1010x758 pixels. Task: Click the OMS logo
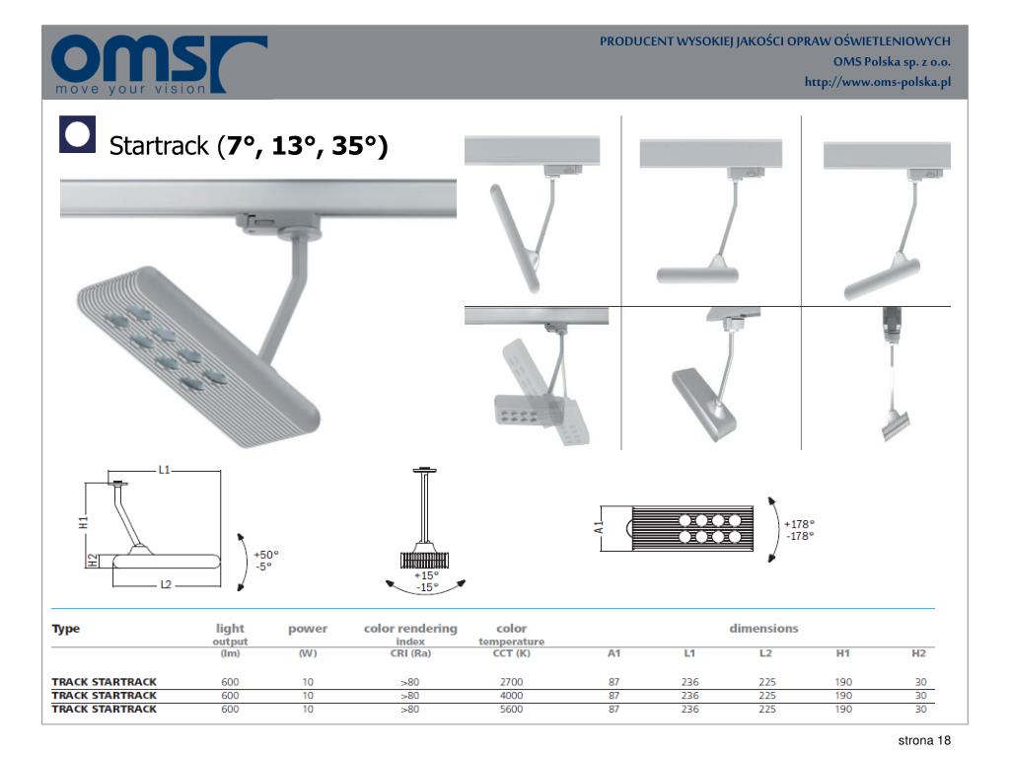pyautogui.click(x=158, y=63)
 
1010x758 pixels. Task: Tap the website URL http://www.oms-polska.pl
pyautogui.click(x=877, y=81)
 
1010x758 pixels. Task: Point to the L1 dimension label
pyautogui.click(x=164, y=470)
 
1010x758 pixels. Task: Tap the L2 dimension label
pyautogui.click(x=166, y=585)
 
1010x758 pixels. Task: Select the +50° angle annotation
pyautogui.click(x=266, y=555)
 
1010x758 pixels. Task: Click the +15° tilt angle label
pyautogui.click(x=426, y=574)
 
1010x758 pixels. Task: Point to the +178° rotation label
pyautogui.click(x=800, y=524)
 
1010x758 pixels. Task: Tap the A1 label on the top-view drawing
pyautogui.click(x=600, y=525)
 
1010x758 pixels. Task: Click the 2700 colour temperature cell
pyautogui.click(x=511, y=682)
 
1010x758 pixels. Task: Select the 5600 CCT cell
pyautogui.click(x=511, y=709)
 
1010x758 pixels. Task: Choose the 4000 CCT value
pyautogui.click(x=511, y=695)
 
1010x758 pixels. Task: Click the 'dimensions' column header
pyautogui.click(x=763, y=629)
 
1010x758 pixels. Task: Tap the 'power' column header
pyautogui.click(x=308, y=629)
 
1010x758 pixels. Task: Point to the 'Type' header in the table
pyautogui.click(x=66, y=629)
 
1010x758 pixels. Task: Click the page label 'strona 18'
pyautogui.click(x=923, y=741)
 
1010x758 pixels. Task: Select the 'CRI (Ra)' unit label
pyautogui.click(x=410, y=653)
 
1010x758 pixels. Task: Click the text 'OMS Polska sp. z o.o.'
pyautogui.click(x=892, y=61)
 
